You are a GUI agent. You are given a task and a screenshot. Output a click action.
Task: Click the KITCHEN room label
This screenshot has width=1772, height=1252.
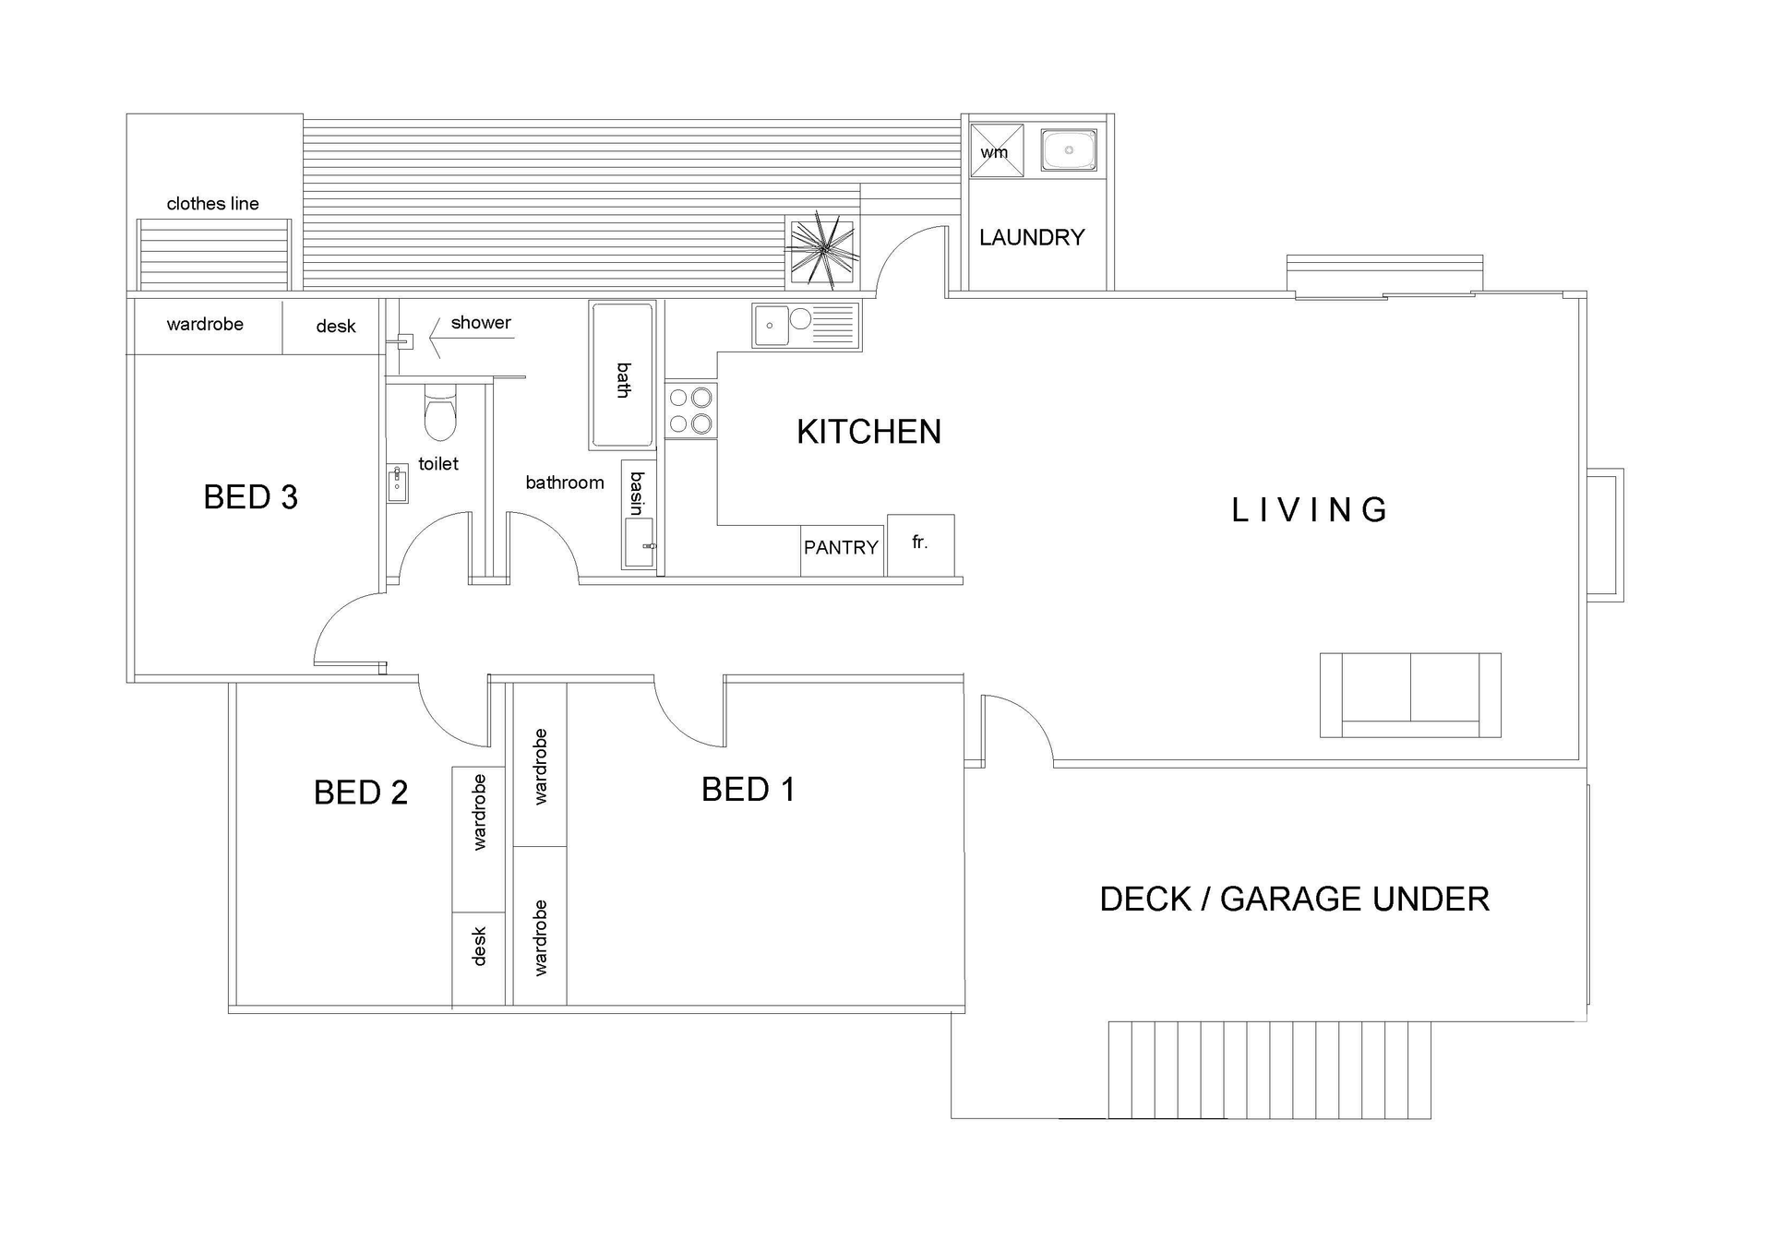click(868, 432)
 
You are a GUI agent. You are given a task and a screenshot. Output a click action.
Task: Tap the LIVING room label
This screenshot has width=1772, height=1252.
click(1309, 510)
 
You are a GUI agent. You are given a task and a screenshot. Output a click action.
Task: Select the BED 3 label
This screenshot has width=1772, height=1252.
click(250, 497)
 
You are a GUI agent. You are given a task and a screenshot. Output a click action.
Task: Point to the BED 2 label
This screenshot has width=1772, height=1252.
click(360, 793)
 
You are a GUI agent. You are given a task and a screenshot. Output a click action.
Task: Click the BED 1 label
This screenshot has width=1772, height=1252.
click(748, 790)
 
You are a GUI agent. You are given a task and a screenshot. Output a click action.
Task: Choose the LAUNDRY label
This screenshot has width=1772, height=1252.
click(1032, 238)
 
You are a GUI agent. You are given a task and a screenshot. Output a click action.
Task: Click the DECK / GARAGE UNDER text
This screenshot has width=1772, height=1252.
click(1294, 900)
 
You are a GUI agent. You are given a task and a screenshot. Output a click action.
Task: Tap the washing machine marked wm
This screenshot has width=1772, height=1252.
click(996, 150)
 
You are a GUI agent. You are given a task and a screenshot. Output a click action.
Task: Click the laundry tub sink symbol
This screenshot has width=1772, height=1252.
click(1069, 149)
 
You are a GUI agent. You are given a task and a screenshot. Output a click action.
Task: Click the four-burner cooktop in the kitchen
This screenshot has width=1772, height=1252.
click(690, 411)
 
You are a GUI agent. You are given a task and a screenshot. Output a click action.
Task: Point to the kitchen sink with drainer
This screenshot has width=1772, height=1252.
click(806, 325)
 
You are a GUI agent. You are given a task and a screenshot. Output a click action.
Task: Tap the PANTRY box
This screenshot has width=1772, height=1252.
click(841, 548)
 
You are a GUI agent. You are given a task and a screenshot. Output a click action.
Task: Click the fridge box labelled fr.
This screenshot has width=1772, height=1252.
click(920, 544)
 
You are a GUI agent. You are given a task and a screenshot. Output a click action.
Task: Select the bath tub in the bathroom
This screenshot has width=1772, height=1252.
click(622, 375)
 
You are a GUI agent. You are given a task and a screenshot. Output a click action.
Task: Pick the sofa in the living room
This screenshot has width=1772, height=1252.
click(1409, 695)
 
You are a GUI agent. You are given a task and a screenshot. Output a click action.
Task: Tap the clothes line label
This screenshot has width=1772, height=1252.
click(212, 204)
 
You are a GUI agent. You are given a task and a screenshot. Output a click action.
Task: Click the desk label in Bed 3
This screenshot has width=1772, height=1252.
click(335, 327)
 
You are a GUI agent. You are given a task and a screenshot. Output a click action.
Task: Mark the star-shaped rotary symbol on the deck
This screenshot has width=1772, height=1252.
click(821, 249)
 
